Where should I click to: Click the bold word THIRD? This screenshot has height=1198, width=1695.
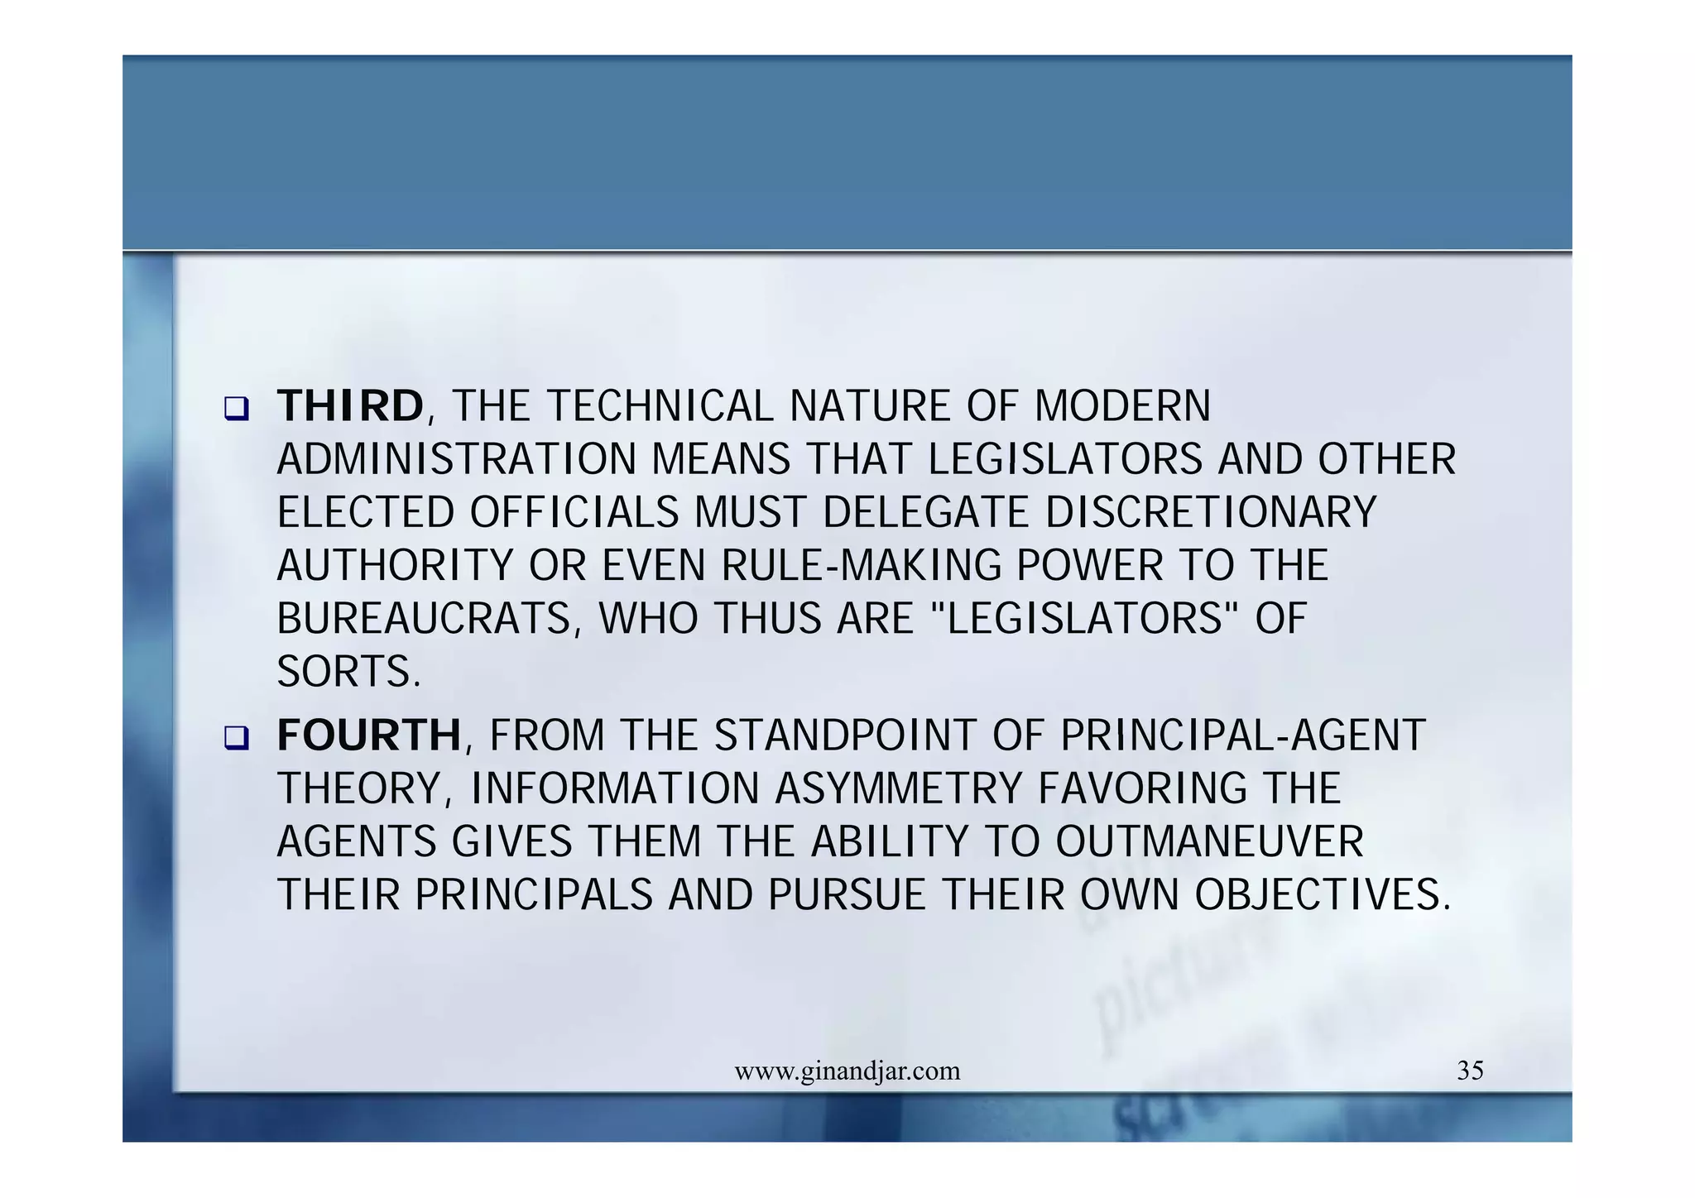pos(350,406)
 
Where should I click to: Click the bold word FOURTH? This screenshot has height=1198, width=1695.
pos(369,735)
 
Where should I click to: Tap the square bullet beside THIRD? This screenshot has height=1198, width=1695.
pos(237,409)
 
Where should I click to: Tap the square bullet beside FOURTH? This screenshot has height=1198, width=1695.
pos(237,737)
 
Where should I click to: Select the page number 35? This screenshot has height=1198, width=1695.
pos(1470,1071)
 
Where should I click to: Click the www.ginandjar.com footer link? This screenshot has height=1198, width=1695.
pos(847,1071)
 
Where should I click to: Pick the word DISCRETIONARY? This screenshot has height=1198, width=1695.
pos(1211,513)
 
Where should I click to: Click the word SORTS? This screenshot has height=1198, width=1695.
pos(348,672)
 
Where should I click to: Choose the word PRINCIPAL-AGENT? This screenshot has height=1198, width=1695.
pos(1242,735)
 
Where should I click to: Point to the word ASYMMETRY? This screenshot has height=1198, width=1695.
pos(899,788)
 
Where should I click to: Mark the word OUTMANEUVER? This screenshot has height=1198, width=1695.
pos(1209,841)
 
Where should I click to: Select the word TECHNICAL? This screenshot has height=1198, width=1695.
pos(660,406)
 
